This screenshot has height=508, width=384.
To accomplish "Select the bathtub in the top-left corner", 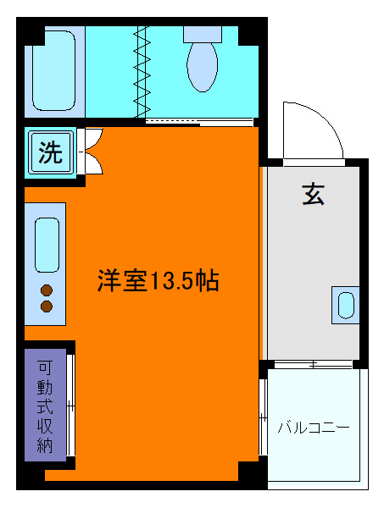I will coord(55,72).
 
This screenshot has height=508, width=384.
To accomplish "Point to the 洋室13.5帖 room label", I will coord(159,280).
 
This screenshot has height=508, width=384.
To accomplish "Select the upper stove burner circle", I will coord(47,290).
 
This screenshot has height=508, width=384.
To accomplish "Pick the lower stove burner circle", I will coord(47,306).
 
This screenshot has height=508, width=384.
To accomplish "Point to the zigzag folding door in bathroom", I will coord(142,72).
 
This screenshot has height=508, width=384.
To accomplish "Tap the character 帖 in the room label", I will coord(209,280).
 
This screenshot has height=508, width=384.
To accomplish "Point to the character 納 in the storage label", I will coord(45,444).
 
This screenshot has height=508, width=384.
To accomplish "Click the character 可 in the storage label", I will coord(45,367).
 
